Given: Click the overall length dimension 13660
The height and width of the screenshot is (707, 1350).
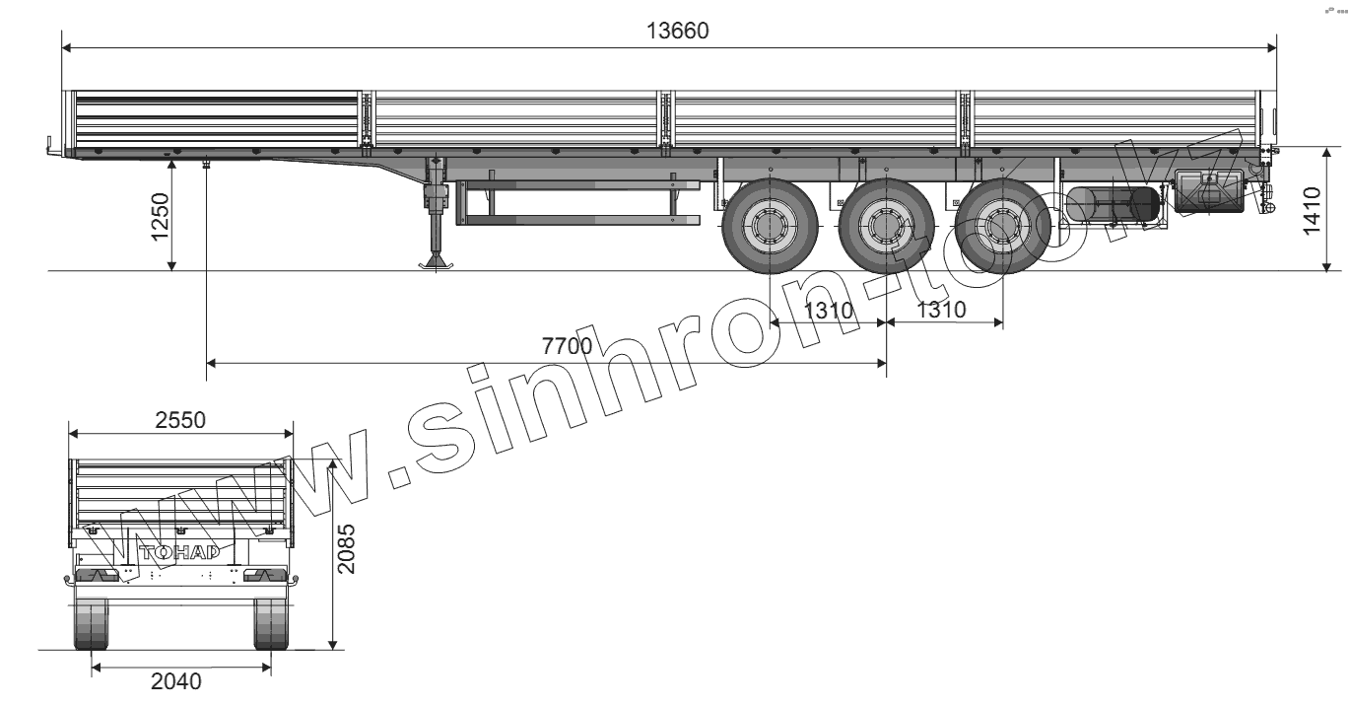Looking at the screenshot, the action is coord(677,31).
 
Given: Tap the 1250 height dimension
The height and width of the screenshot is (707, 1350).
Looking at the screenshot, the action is coord(161,217).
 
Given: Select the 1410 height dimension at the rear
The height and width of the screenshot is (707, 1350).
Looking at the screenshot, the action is coord(1312,211).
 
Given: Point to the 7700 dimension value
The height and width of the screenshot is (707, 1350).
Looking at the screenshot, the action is coord(567,346).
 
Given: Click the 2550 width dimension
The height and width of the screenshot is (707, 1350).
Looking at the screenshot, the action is coord(180,420).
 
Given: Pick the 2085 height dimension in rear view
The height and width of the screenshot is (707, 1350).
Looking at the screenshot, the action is coord(346,548).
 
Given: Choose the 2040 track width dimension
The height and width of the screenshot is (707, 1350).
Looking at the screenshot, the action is coord(176,681).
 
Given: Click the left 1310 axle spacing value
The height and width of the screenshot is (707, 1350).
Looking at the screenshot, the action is coord(829,311).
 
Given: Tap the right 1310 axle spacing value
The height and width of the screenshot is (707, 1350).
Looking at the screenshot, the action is coord(941,310).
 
